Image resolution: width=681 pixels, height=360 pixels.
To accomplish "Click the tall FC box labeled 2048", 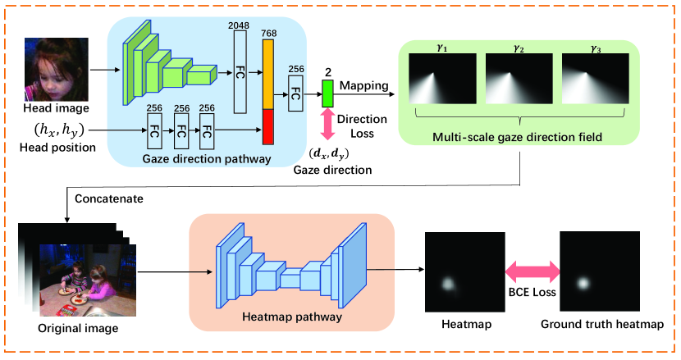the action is pyautogui.click(x=240, y=72).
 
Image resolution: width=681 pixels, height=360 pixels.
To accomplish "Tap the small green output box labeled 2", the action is pyautogui.click(x=327, y=93).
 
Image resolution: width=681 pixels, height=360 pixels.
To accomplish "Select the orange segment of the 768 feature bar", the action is pyautogui.click(x=268, y=75).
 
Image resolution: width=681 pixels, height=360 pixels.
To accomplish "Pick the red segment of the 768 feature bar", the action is pyautogui.click(x=268, y=127).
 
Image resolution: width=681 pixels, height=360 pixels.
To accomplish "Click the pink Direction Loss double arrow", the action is pyautogui.click(x=327, y=124).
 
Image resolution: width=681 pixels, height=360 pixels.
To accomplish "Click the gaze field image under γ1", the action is pyautogui.click(x=442, y=79).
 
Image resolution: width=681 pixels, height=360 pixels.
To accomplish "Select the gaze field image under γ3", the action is pyautogui.click(x=596, y=79).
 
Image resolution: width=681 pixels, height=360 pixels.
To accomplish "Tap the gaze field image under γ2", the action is pyautogui.click(x=519, y=79).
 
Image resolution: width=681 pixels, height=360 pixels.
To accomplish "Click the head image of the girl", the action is pyautogui.click(x=57, y=70).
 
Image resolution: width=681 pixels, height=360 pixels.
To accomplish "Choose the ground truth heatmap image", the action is pyautogui.click(x=600, y=271).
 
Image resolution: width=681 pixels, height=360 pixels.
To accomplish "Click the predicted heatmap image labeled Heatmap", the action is pyautogui.click(x=464, y=272).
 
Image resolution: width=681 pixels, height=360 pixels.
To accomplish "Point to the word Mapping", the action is pyautogui.click(x=364, y=85).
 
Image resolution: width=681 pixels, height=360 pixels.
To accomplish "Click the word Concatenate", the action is pyautogui.click(x=109, y=199).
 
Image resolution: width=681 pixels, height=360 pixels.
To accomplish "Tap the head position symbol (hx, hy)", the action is pyautogui.click(x=59, y=130).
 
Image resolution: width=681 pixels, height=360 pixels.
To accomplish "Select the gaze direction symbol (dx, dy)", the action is pyautogui.click(x=329, y=153).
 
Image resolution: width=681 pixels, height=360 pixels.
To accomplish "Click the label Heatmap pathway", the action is pyautogui.click(x=292, y=317).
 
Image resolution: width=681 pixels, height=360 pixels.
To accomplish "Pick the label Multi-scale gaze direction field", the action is pyautogui.click(x=517, y=137).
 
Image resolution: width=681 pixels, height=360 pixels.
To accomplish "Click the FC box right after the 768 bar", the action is pyautogui.click(x=295, y=93).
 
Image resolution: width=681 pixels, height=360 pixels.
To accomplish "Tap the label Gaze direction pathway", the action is pyautogui.click(x=207, y=159).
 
